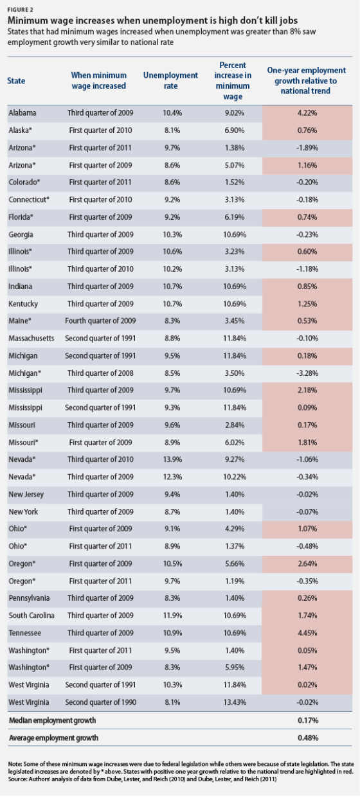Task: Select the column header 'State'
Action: (x=16, y=80)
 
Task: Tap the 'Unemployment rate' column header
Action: (x=170, y=80)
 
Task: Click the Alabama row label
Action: (x=22, y=112)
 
